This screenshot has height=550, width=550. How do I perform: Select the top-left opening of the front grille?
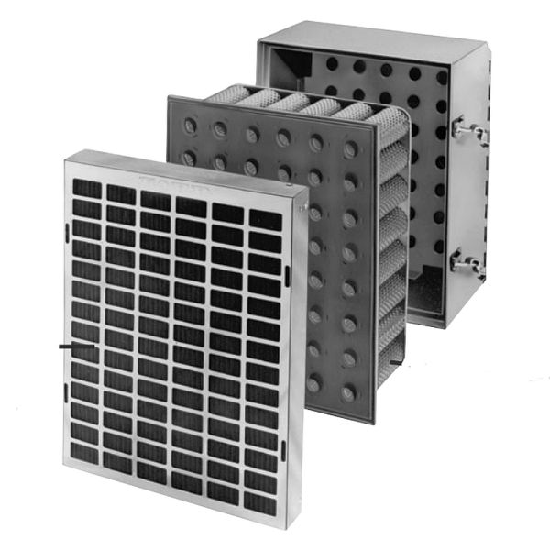tap(87, 188)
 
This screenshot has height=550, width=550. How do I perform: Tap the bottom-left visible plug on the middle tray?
tap(313, 383)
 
